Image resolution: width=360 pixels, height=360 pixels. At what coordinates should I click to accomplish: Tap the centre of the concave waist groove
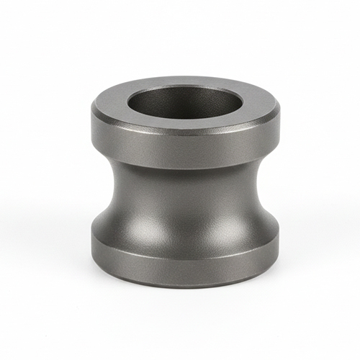(x=185, y=202)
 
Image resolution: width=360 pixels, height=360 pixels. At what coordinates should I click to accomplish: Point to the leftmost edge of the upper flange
(x=92, y=122)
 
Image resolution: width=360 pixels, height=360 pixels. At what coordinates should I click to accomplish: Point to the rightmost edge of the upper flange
(x=279, y=122)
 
